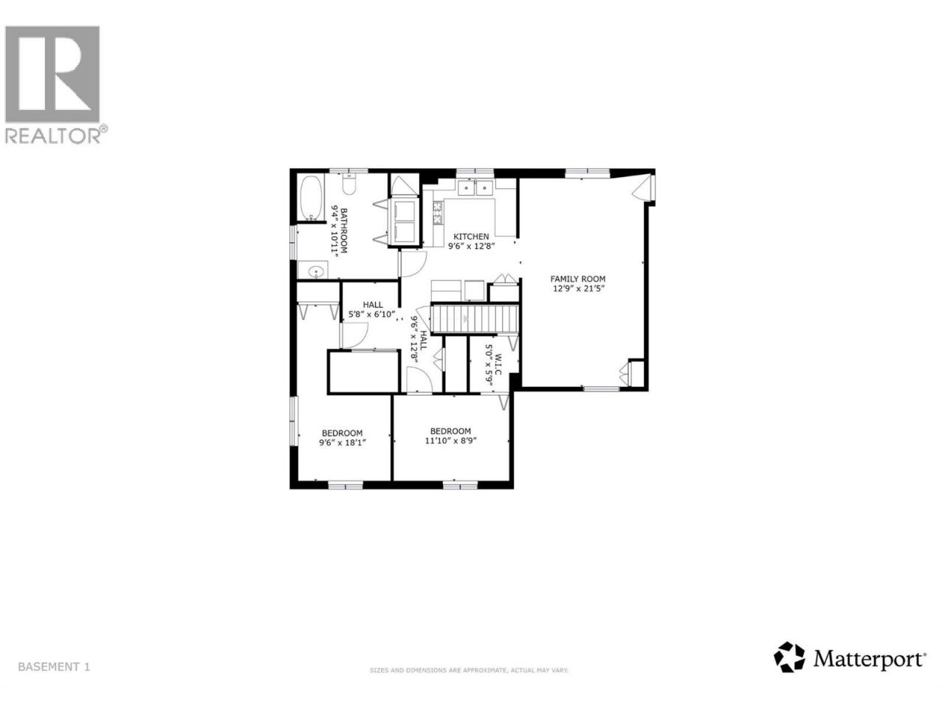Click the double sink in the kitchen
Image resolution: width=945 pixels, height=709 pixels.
pos(475,188)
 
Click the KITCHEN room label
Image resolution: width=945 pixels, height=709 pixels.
pos(471,236)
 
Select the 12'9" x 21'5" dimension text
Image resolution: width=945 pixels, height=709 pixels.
pos(579,289)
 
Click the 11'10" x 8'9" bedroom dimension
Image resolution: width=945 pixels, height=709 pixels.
pos(451,441)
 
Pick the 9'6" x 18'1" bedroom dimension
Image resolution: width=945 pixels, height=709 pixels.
pos(343,442)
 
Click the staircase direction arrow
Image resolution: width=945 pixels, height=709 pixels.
pos(465,319)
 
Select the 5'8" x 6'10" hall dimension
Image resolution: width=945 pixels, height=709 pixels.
pos(371,315)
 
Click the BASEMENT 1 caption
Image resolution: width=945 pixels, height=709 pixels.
pos(54,679)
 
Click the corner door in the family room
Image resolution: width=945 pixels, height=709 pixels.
pos(644,188)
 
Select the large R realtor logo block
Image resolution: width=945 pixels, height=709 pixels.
pos(52,74)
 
